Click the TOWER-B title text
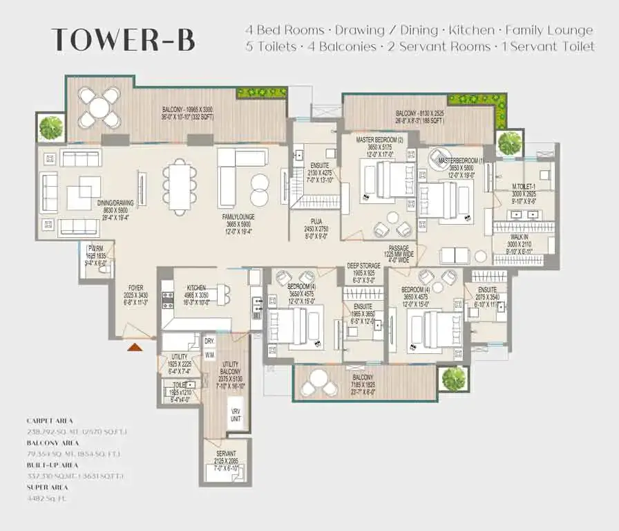click(123, 40)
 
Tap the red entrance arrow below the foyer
click(135, 346)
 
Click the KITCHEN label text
click(196, 288)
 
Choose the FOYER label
click(135, 288)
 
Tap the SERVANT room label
click(226, 454)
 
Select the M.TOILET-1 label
click(524, 187)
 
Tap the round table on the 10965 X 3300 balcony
click(99, 108)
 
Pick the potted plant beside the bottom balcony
click(454, 378)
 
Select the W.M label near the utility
click(209, 355)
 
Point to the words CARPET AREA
click(50, 420)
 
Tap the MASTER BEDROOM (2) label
click(379, 140)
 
